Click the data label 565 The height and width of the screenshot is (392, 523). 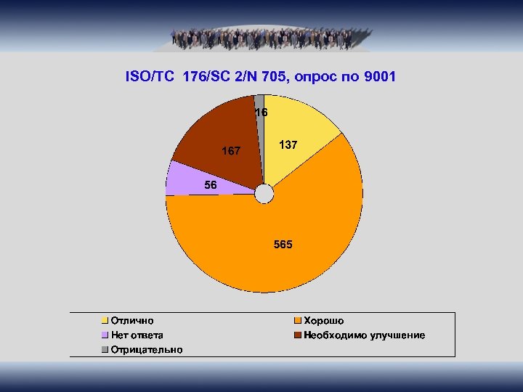[x=283, y=245]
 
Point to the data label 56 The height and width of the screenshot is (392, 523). [x=211, y=185]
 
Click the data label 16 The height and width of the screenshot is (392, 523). [x=261, y=113]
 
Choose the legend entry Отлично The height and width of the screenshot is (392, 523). [x=131, y=320]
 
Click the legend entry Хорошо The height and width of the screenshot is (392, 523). [x=323, y=320]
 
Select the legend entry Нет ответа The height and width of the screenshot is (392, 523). [x=137, y=335]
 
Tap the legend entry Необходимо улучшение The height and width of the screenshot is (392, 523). [x=364, y=335]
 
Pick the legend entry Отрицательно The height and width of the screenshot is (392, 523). [x=146, y=349]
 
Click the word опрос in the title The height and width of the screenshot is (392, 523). [x=317, y=76]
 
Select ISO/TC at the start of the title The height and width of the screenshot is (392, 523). [x=150, y=76]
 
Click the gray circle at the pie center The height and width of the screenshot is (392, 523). [x=264, y=193]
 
